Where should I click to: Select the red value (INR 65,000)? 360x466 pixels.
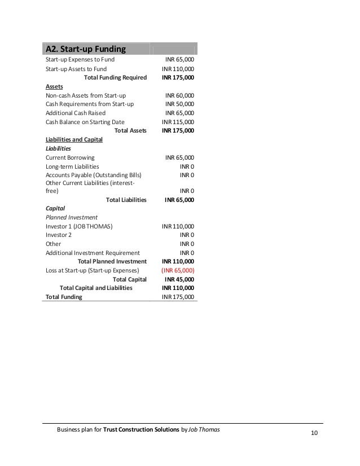(x=178, y=270)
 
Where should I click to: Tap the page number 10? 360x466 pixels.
(x=314, y=433)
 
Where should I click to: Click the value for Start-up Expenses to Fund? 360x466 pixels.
(x=179, y=59)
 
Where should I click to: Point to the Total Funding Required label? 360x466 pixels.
(x=115, y=77)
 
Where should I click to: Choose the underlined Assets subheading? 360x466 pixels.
(x=54, y=87)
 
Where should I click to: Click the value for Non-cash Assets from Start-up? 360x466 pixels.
(x=179, y=95)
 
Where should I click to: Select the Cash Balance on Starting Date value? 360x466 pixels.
(x=178, y=121)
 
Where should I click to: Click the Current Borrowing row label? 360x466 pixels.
(x=70, y=157)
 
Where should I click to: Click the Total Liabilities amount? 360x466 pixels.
(x=179, y=200)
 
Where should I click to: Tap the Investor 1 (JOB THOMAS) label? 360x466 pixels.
(x=79, y=226)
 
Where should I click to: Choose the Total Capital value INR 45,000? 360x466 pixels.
(x=179, y=279)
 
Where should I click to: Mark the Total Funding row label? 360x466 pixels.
(x=64, y=296)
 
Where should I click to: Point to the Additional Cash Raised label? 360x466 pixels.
(x=75, y=113)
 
